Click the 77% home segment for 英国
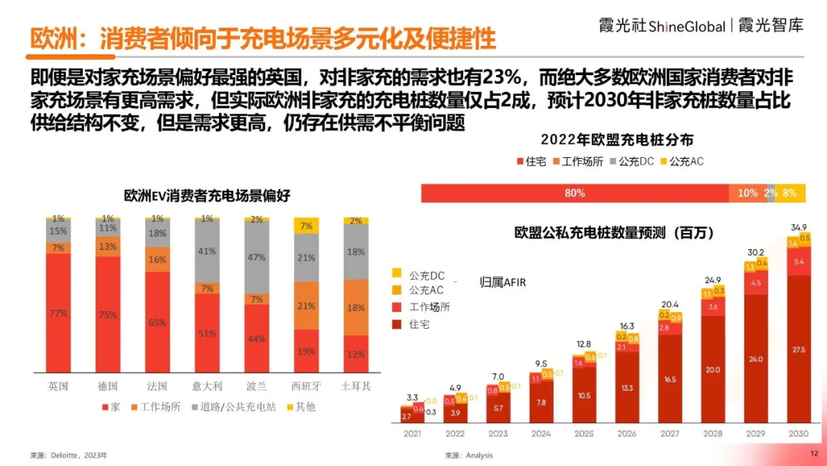tap(58, 313)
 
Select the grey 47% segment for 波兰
tap(257, 258)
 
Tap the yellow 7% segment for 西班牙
tap(306, 226)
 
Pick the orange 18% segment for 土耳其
tap(356, 307)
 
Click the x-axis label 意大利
tap(208, 386)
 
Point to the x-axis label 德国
tap(108, 386)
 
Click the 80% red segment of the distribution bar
tap(574, 193)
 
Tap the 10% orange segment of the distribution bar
tap(747, 193)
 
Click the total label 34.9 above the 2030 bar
tap(799, 227)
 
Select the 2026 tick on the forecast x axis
tap(626, 434)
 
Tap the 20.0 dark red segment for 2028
tap(713, 369)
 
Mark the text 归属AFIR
tap(502, 282)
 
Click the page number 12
tap(814, 455)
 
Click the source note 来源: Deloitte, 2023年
tap(69, 455)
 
